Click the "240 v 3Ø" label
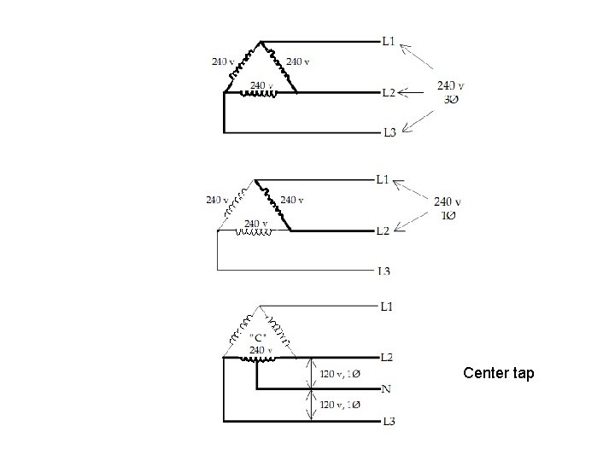[x=450, y=91]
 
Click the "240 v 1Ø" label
[x=448, y=207]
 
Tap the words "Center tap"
[x=499, y=373]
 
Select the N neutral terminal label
[x=386, y=389]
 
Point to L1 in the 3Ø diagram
[x=389, y=40]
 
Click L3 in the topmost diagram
[x=389, y=132]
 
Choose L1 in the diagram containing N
[x=386, y=306]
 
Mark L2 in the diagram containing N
[x=386, y=357]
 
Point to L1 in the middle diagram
[x=383, y=179]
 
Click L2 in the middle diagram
[x=383, y=230]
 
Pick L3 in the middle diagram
[x=384, y=271]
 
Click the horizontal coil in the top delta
[x=260, y=94]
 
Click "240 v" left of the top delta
[x=224, y=61]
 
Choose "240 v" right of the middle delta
[x=292, y=200]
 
